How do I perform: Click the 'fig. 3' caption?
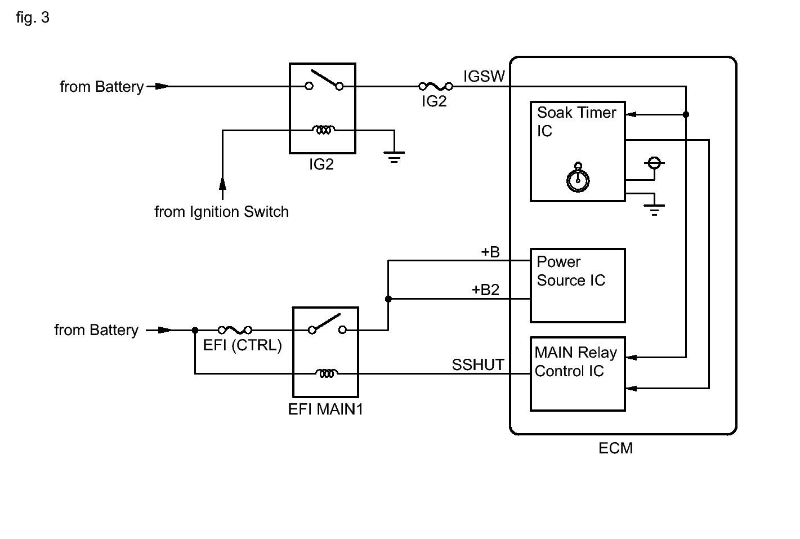pyautogui.click(x=33, y=17)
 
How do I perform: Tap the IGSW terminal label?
pyautogui.click(x=484, y=76)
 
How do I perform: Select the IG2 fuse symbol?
pyautogui.click(x=436, y=86)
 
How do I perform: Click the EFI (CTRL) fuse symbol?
pyautogui.click(x=235, y=329)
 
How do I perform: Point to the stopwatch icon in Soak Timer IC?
pyautogui.click(x=578, y=177)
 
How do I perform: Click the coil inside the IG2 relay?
pyautogui.click(x=324, y=130)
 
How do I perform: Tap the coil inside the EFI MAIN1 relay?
pyautogui.click(x=327, y=373)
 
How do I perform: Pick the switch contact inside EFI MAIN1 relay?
pyautogui.click(x=327, y=324)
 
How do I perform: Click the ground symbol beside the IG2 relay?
pyautogui.click(x=394, y=157)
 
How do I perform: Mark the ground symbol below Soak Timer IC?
pyautogui.click(x=654, y=210)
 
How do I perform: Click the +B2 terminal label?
pyautogui.click(x=485, y=289)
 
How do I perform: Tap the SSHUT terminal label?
pyautogui.click(x=478, y=365)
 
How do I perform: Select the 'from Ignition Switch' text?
pyautogui.click(x=221, y=212)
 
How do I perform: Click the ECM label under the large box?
pyautogui.click(x=615, y=448)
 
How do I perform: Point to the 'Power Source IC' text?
pyautogui.click(x=571, y=271)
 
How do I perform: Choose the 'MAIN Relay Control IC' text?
pyautogui.click(x=575, y=362)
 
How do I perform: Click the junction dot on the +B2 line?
pyautogui.click(x=388, y=299)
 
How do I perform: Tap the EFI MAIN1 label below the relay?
pyautogui.click(x=325, y=409)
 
